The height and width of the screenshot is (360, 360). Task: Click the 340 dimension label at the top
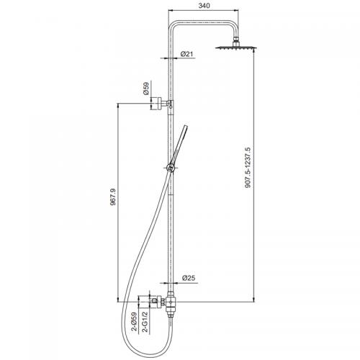(x=204, y=6)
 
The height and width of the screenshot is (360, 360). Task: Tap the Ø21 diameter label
(x=186, y=54)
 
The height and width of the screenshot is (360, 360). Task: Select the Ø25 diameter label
(x=189, y=278)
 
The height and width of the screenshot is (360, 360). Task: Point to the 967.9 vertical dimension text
(x=113, y=197)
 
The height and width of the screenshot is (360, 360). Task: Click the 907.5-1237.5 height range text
(x=248, y=168)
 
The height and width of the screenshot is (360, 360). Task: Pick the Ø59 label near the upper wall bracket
(x=146, y=89)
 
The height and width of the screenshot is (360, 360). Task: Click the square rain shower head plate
(x=236, y=47)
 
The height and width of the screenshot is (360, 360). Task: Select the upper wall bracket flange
(x=156, y=104)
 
